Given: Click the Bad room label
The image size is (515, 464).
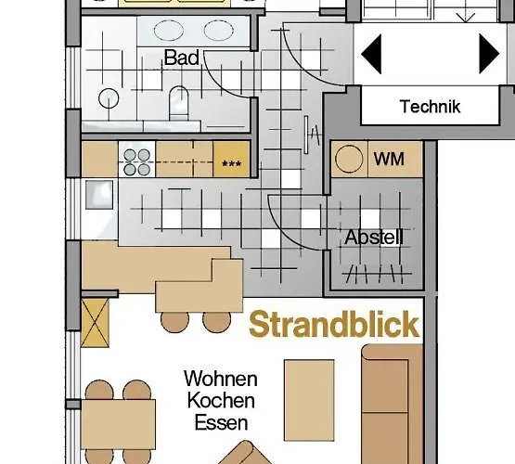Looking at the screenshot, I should tap(183, 58).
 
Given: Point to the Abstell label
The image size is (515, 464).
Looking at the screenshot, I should tap(374, 238).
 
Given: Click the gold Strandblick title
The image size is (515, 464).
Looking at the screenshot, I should tap(334, 326).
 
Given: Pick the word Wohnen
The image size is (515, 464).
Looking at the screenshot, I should tap(220, 380).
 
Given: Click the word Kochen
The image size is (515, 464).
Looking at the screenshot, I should tap(220, 401).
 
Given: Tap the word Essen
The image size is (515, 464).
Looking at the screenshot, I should tap(220, 422).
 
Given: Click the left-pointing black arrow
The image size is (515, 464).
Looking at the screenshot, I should tap(371, 53).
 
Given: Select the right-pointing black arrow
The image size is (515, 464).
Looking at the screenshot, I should tap(489, 53).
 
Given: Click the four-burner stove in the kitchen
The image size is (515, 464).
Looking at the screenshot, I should tap(137, 161).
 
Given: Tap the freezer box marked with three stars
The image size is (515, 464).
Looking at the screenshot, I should tap(231, 161).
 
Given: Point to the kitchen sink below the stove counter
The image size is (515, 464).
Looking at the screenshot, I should tap(98, 196).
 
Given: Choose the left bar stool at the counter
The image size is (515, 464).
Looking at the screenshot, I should tap(174, 321).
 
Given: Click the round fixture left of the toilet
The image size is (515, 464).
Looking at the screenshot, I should tap(110, 99).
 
